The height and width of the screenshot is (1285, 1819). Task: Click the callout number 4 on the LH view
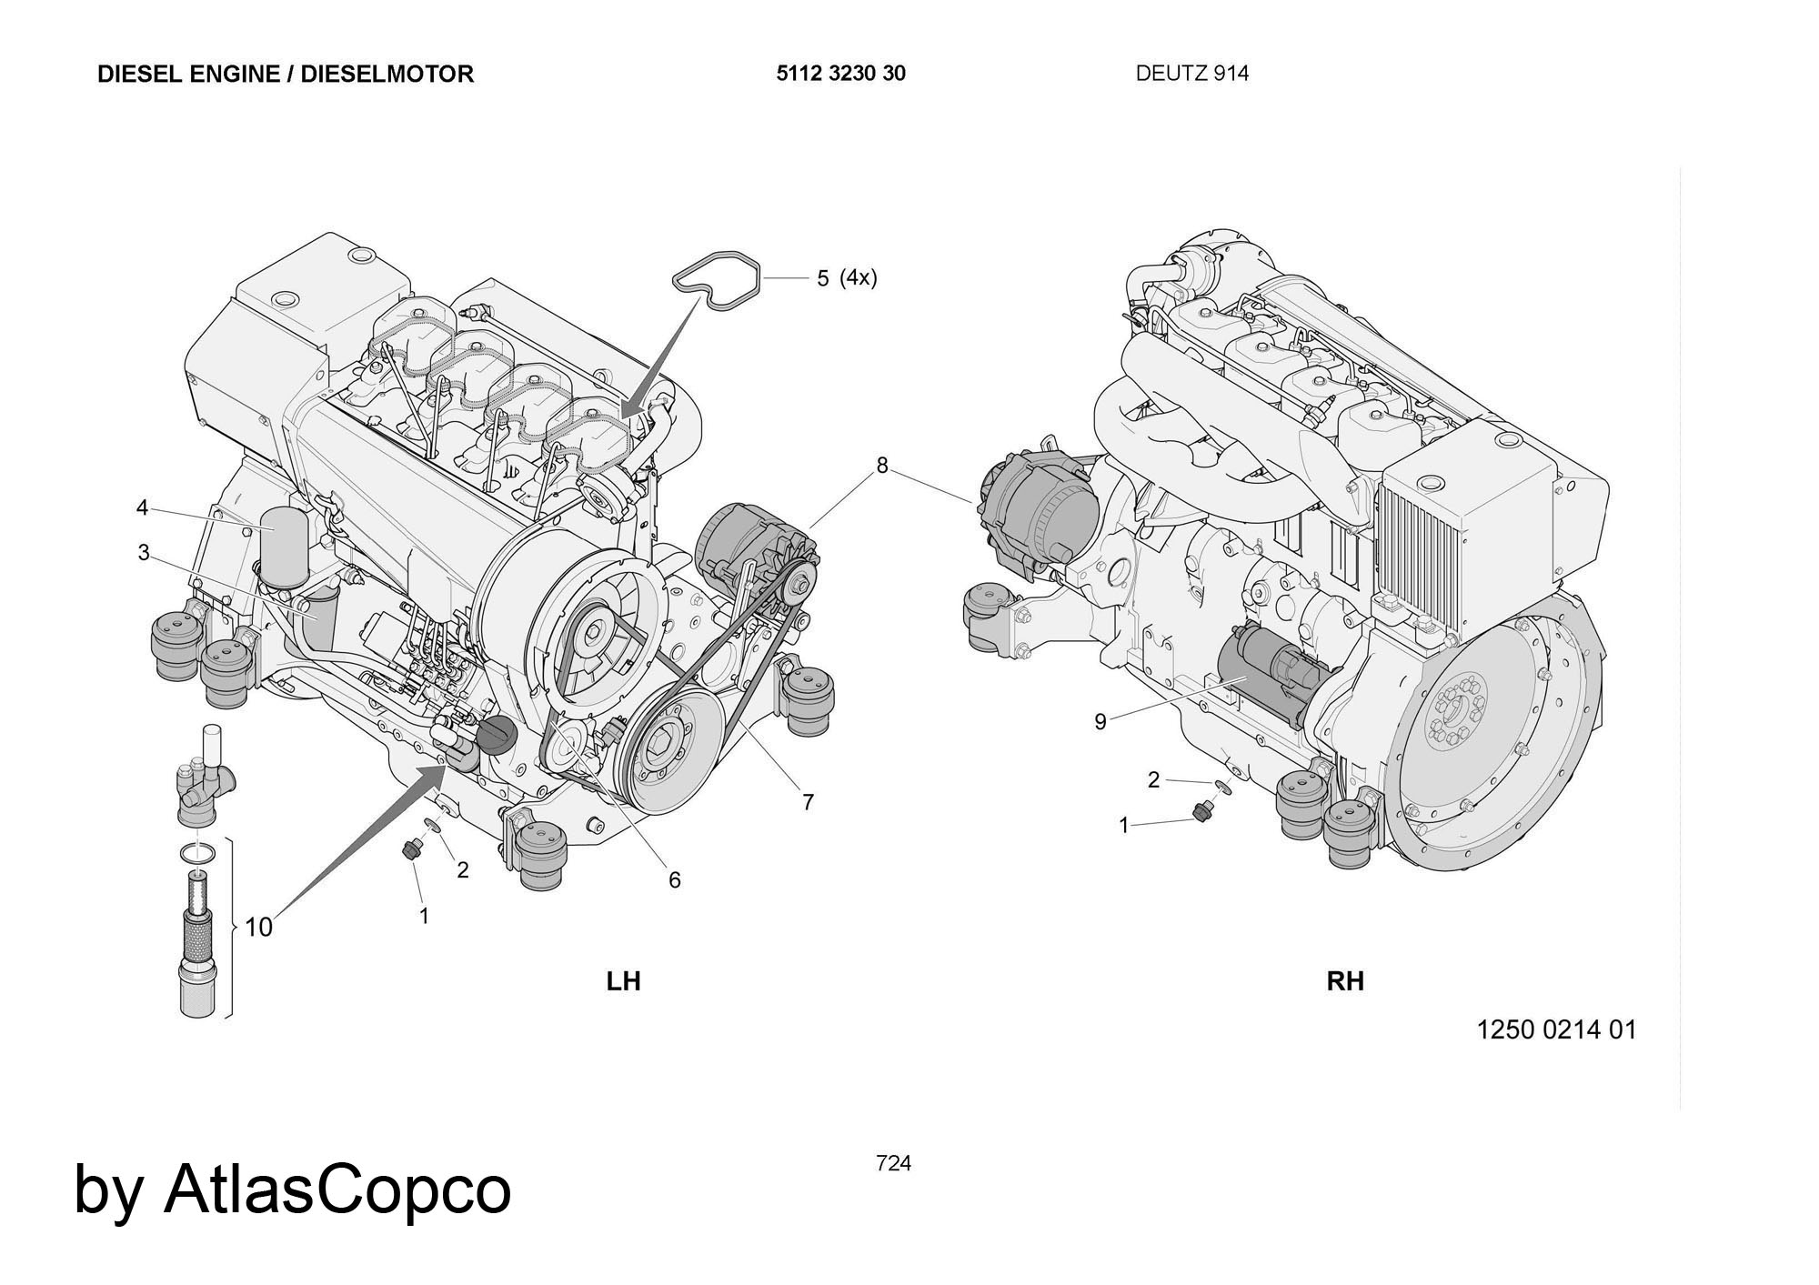click(142, 507)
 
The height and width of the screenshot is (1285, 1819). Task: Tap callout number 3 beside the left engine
click(144, 553)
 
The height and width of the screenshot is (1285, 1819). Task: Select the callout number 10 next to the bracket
click(259, 928)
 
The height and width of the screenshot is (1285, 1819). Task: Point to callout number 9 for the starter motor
click(1100, 722)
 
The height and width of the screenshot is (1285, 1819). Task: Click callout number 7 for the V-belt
click(808, 802)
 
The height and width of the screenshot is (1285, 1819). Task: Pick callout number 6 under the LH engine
click(674, 879)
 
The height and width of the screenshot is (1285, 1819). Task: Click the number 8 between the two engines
click(881, 466)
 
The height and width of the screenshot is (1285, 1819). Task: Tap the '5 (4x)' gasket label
click(846, 278)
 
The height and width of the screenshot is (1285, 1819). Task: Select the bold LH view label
click(624, 981)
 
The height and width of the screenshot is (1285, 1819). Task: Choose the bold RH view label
click(1345, 981)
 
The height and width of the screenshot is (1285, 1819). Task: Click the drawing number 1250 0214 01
click(1556, 1029)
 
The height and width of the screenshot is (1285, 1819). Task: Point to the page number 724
click(893, 1163)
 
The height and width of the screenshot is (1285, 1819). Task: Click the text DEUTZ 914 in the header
click(1191, 74)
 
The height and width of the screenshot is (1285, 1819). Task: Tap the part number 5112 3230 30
click(840, 74)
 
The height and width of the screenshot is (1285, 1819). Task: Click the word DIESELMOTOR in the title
click(387, 74)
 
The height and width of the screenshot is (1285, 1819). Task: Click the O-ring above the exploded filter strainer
click(198, 853)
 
